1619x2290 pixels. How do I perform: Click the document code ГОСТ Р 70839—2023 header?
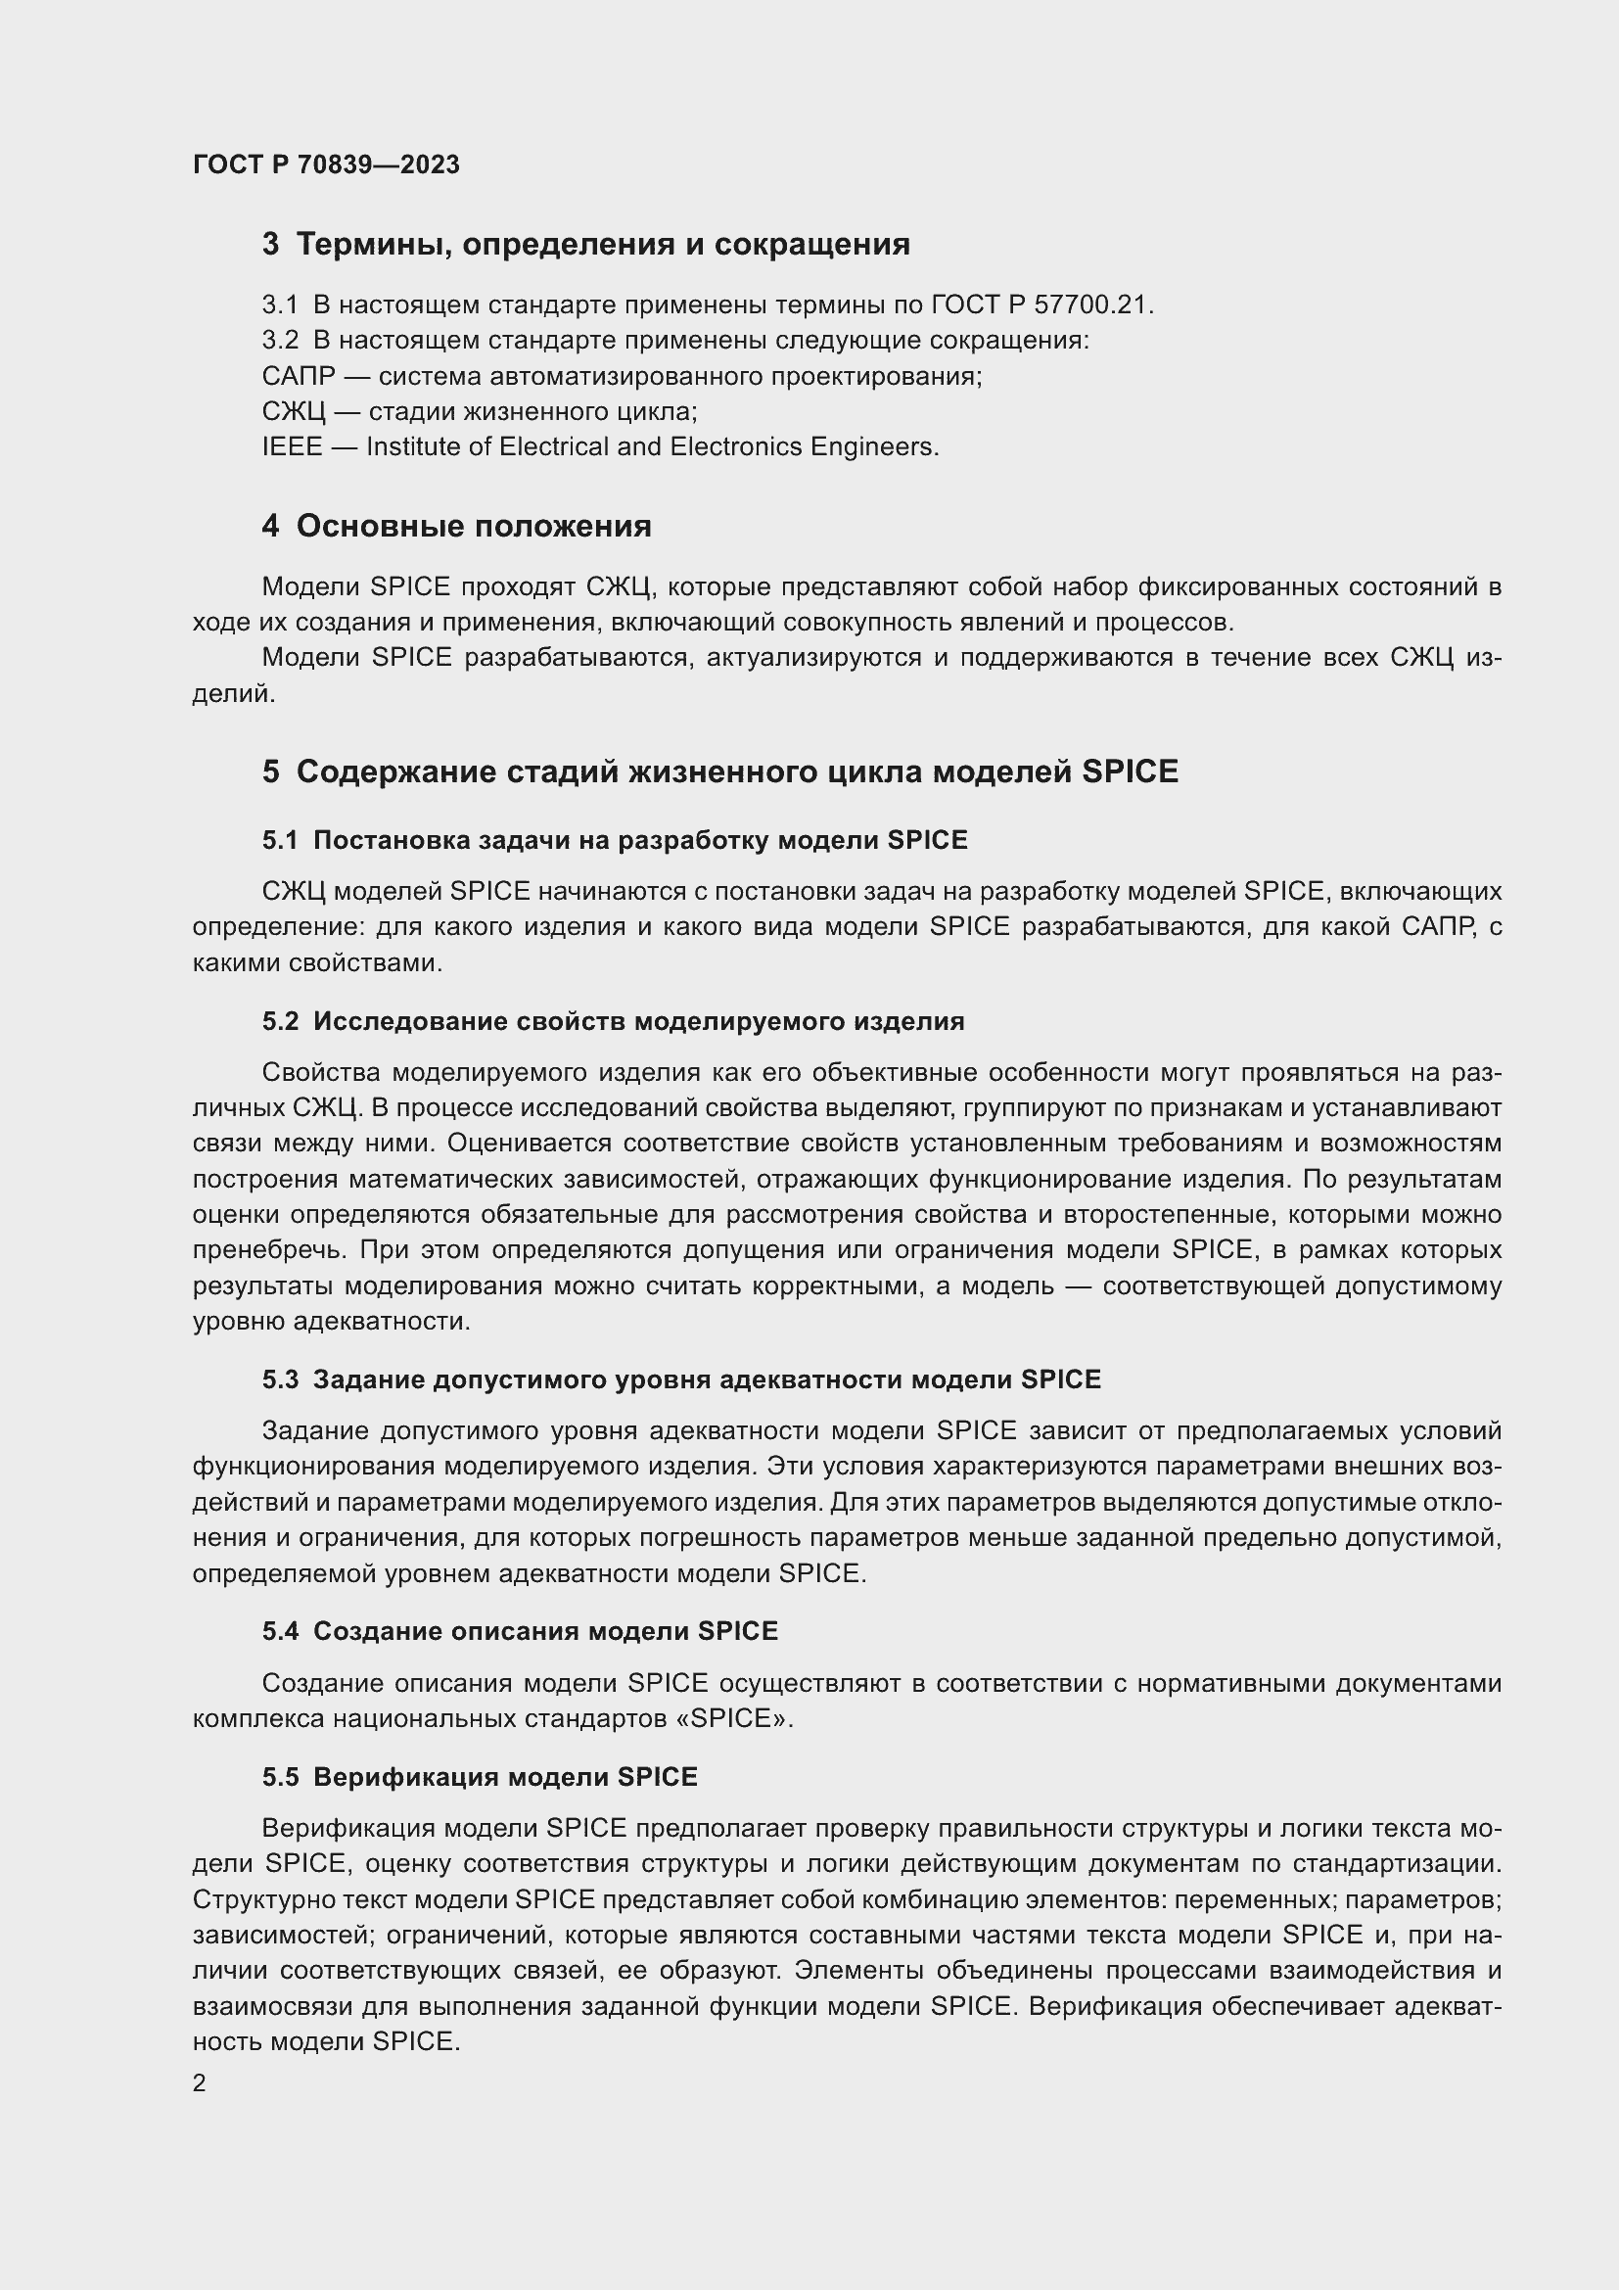tap(326, 164)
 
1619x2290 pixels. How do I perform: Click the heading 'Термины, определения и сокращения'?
tap(602, 245)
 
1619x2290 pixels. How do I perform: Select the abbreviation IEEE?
tap(292, 446)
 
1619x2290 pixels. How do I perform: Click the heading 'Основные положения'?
tap(474, 526)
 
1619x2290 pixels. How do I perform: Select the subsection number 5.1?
tap(280, 840)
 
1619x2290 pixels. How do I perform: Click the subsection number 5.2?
tap(280, 1021)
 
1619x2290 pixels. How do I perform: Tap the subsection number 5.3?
tap(280, 1379)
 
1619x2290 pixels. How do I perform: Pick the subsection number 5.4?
tap(280, 1631)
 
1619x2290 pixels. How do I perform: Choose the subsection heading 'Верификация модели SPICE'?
tap(505, 1776)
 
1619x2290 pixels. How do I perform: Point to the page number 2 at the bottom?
tap(200, 2083)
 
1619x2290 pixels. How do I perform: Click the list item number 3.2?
tap(280, 340)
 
